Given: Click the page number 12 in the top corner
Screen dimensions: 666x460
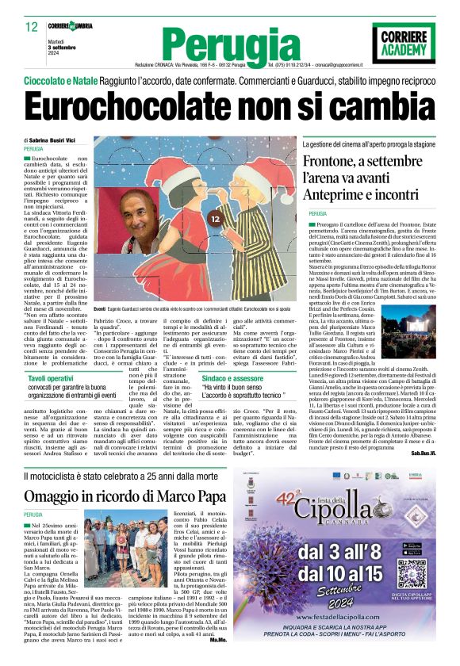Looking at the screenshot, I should [31, 26].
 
